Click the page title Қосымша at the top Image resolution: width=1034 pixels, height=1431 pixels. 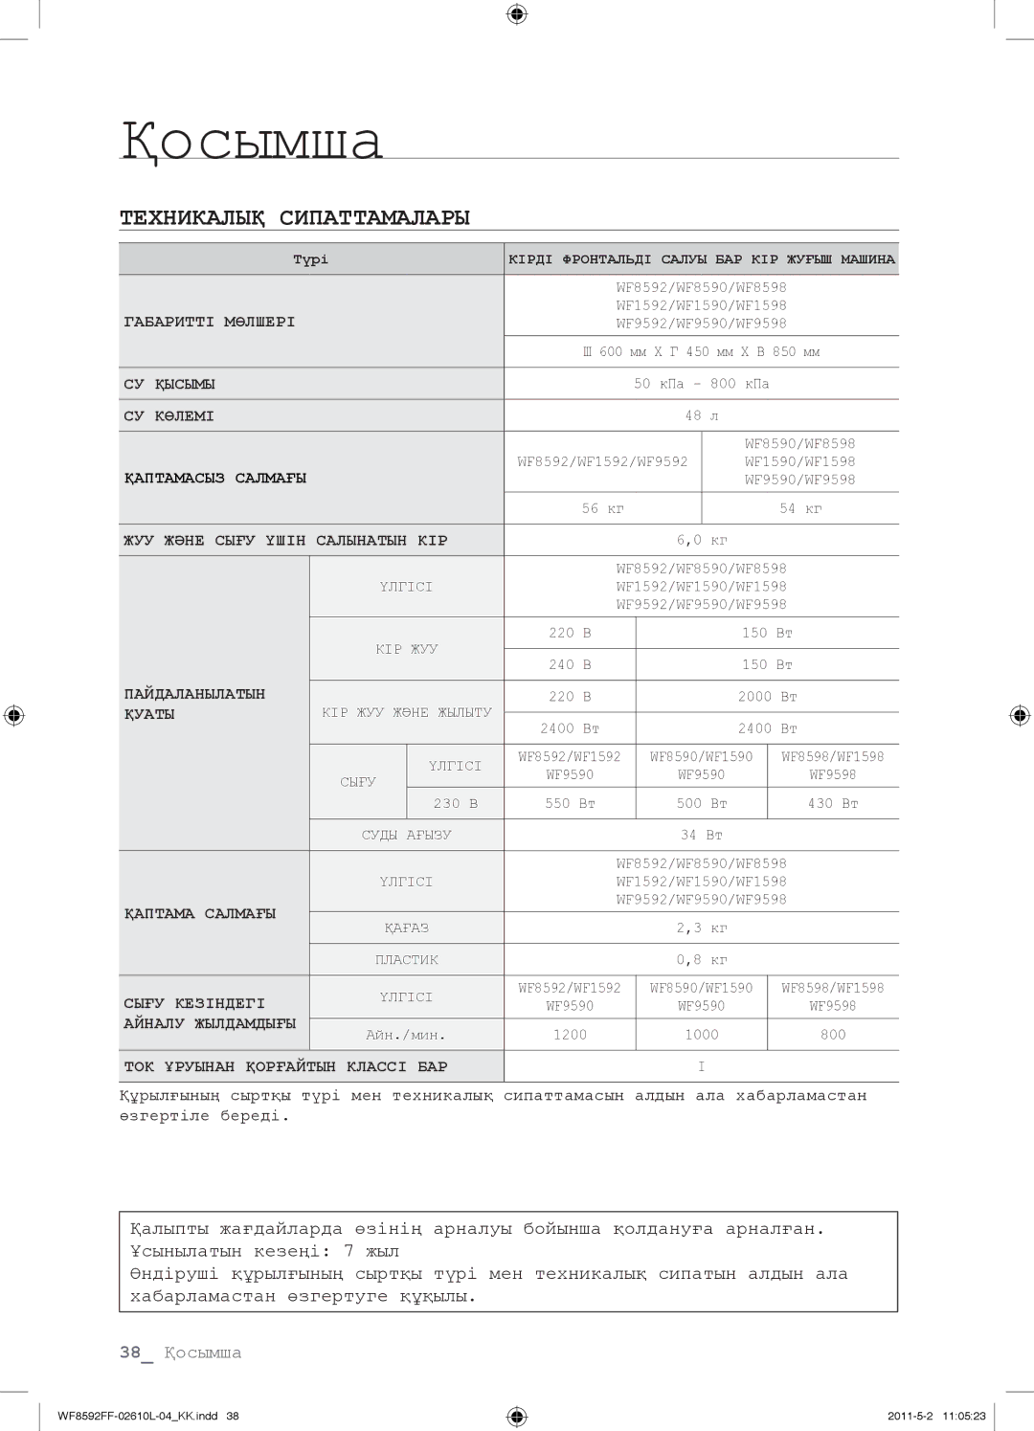(252, 141)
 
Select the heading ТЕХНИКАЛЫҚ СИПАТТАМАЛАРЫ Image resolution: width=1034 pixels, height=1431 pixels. (295, 218)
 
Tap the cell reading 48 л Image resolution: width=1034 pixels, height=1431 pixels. (701, 415)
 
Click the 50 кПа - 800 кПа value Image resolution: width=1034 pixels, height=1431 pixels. (701, 384)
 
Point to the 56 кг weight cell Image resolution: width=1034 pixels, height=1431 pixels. (602, 508)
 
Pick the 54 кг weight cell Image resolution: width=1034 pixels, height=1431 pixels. (800, 508)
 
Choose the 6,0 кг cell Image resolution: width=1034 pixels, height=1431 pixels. (701, 541)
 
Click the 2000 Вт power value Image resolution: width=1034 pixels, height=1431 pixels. (767, 697)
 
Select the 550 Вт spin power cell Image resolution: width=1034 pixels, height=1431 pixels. (570, 803)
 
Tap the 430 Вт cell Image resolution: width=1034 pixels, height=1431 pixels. (833, 803)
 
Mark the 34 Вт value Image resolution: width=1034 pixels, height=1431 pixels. (701, 835)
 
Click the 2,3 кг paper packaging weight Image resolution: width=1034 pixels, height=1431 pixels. (701, 928)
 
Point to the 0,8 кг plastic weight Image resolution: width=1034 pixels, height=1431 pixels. (701, 959)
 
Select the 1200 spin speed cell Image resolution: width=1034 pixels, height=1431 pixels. (570, 1035)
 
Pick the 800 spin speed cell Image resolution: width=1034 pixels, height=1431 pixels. (833, 1035)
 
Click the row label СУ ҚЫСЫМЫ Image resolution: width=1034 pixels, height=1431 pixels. (169, 384)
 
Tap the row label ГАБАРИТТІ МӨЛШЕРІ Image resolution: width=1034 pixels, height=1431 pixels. (209, 322)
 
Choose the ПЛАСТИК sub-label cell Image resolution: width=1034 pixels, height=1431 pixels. (406, 959)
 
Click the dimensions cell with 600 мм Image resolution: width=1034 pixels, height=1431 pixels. (701, 351)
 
